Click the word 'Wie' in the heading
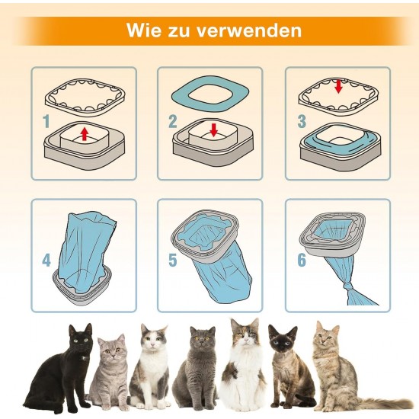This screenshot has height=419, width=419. click(x=144, y=30)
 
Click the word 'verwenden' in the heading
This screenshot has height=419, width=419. click(x=249, y=30)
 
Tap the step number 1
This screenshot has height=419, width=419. click(x=46, y=121)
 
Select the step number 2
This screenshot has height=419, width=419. click(x=173, y=121)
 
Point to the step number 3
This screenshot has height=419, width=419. click(x=302, y=121)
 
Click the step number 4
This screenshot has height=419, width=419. click(x=46, y=260)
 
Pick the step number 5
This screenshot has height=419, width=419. click(x=173, y=260)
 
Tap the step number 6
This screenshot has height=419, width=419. click(x=302, y=260)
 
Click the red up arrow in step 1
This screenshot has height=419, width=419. click(x=85, y=134)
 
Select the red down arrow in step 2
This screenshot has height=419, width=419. click(x=214, y=130)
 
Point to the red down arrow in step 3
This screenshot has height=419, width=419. click(x=338, y=87)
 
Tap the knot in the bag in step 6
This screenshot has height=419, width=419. click(x=350, y=289)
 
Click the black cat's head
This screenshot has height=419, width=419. click(x=80, y=338)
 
